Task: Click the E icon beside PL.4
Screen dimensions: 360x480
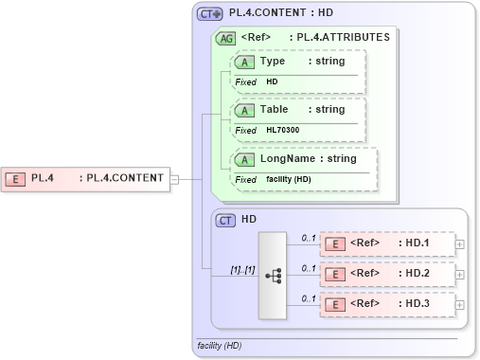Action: (16, 177)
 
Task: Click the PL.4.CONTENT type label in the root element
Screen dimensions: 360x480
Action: (122, 177)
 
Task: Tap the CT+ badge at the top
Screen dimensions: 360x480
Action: (210, 14)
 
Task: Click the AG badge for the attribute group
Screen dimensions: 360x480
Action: (226, 38)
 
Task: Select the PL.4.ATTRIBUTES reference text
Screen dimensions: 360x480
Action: (343, 38)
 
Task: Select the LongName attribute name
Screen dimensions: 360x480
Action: (288, 158)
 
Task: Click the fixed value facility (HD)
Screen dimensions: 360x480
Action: (289, 179)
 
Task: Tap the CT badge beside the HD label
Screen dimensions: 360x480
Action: (225, 220)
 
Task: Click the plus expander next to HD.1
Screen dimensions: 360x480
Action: (460, 243)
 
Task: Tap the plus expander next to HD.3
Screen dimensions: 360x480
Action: (460, 306)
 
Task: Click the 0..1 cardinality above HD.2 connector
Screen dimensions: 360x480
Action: (309, 268)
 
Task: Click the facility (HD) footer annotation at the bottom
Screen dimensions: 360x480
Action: (220, 346)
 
